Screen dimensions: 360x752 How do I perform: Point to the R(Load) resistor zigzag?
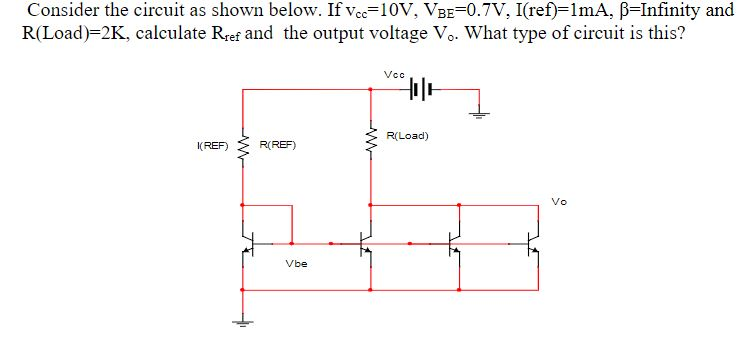(x=372, y=146)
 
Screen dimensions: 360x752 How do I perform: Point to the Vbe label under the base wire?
(x=295, y=264)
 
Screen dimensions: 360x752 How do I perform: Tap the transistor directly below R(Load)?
(x=367, y=241)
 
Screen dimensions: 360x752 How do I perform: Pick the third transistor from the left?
(x=455, y=241)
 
